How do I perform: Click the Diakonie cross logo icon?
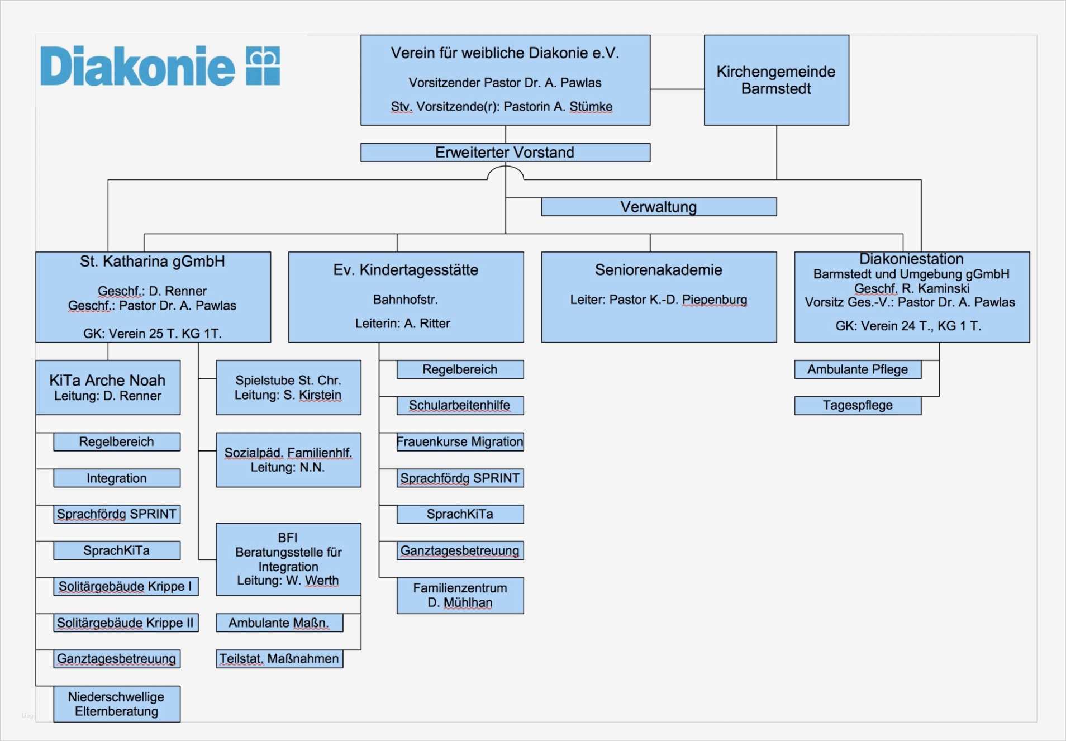[263, 66]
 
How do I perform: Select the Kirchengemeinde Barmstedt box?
[776, 80]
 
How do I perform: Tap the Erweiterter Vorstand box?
[505, 153]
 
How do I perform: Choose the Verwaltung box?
[659, 207]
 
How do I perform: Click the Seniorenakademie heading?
[658, 270]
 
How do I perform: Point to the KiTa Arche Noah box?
[108, 387]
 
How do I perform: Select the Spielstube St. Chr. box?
[288, 387]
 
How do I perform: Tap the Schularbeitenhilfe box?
[460, 405]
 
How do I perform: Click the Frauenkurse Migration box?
[460, 441]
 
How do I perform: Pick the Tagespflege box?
[858, 405]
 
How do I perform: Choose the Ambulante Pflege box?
[858, 369]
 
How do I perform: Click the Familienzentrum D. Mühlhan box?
[460, 595]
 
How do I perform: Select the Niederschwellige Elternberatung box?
[117, 704]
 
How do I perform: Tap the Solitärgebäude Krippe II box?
[126, 623]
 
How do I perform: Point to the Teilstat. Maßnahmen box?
[279, 659]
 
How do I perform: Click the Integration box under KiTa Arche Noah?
[117, 478]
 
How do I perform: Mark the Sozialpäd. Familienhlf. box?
[288, 459]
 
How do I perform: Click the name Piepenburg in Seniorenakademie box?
[715, 300]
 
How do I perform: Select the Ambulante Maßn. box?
[279, 623]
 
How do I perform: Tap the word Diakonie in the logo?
[137, 66]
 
